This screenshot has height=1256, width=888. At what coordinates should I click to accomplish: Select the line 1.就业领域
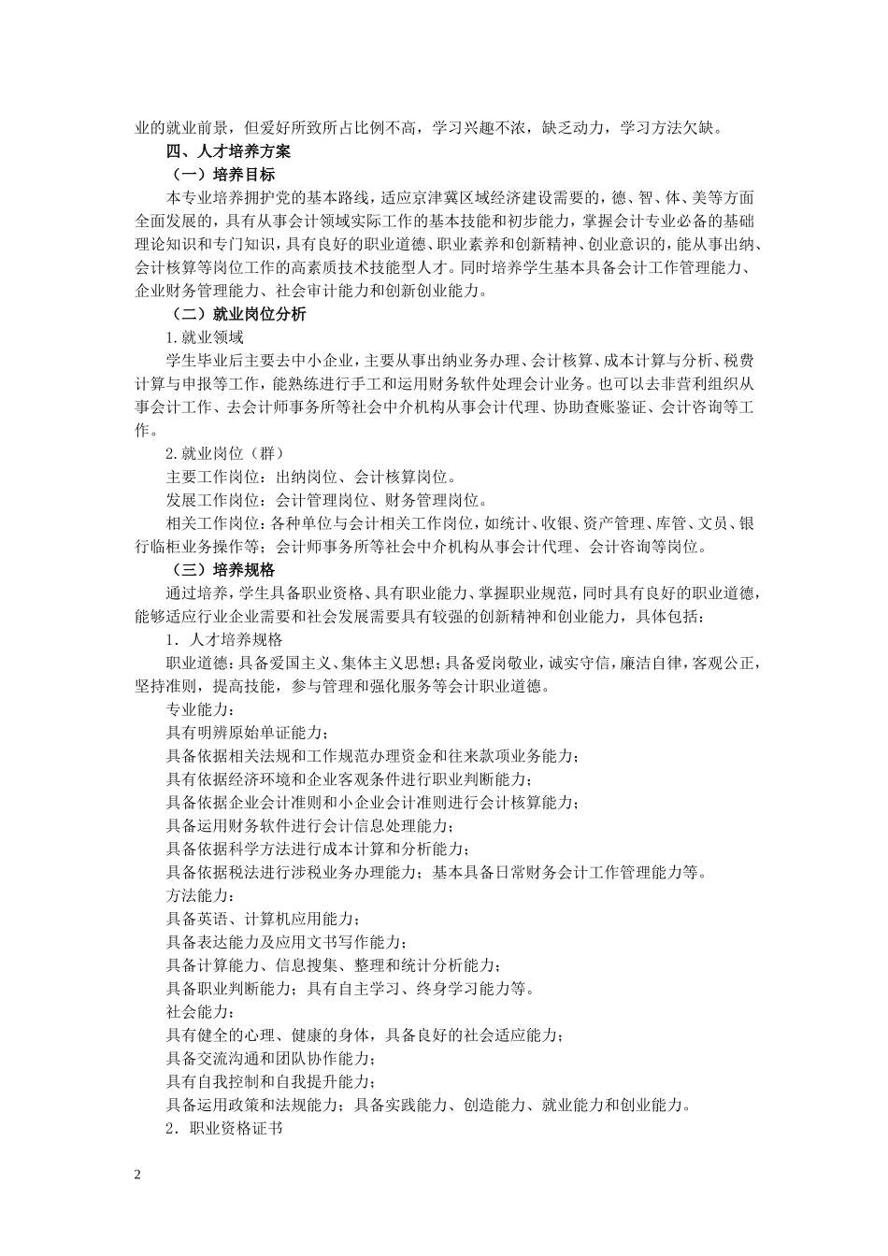click(205, 337)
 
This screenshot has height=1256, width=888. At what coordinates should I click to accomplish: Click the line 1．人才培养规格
click(223, 639)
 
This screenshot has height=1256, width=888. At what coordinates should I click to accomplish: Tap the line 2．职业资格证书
click(223, 1129)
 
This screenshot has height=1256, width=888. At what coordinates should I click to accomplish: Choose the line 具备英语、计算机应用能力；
click(262, 919)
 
